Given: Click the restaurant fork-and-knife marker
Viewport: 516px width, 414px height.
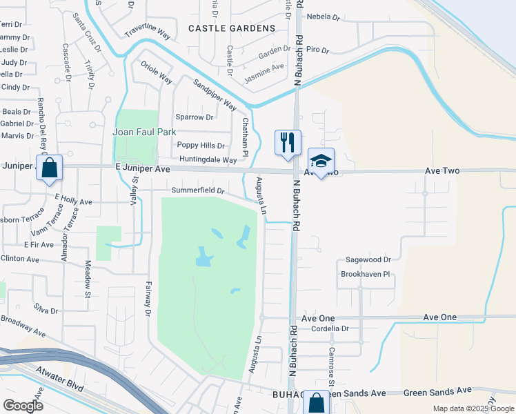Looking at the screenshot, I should [288, 142].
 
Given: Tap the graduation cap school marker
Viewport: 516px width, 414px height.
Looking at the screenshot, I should [320, 161].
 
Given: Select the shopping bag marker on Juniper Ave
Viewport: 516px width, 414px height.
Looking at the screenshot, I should [50, 168].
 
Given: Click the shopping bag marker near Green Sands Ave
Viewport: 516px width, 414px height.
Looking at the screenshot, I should [316, 403].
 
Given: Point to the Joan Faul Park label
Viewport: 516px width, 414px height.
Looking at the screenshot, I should [146, 132].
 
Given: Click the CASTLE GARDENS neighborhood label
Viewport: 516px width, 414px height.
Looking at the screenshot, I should [232, 28].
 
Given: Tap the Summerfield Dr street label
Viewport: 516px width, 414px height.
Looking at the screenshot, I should [198, 190].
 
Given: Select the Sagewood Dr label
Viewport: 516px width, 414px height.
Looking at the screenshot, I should [366, 260].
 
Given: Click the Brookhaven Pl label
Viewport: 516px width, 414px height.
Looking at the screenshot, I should [366, 274].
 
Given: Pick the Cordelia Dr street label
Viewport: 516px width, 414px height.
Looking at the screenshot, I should [330, 329].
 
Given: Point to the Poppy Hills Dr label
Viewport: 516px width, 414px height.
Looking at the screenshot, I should [201, 146].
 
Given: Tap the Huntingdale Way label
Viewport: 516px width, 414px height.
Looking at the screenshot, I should [208, 160].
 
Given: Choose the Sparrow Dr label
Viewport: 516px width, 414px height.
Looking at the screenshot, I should [195, 117].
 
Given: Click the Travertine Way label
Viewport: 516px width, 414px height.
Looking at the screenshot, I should [147, 32].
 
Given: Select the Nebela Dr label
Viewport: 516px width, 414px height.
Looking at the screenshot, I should [324, 17].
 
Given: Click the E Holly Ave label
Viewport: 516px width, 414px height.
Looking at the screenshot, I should [73, 202].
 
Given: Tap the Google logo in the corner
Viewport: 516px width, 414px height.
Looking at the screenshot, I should [23, 406].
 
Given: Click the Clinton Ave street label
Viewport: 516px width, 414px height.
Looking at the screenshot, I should [20, 258].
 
